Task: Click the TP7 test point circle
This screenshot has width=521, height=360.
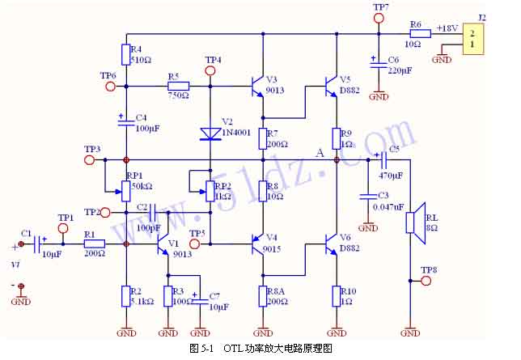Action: click(x=379, y=19)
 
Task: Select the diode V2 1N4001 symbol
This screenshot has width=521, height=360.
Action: click(x=210, y=132)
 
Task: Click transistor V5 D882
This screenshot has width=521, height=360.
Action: click(x=332, y=86)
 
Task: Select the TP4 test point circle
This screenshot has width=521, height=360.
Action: click(x=211, y=71)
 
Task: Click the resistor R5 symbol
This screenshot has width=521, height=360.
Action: click(x=178, y=86)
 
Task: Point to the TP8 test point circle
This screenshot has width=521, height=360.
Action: click(x=426, y=281)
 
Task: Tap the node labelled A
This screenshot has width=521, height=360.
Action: click(x=336, y=160)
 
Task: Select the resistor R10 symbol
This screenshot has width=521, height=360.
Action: click(x=337, y=296)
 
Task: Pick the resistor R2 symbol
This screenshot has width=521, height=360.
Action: click(x=126, y=296)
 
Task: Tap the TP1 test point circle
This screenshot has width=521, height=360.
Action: click(x=65, y=228)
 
